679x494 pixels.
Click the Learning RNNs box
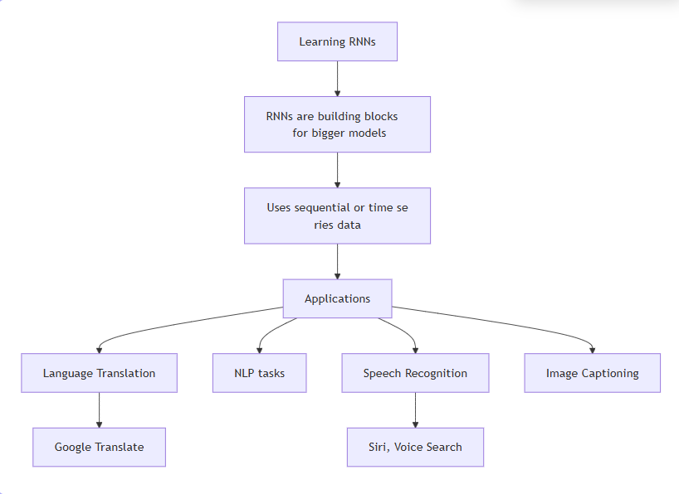tap(337, 41)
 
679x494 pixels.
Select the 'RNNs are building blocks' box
tap(337, 124)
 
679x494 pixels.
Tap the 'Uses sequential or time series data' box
tap(337, 216)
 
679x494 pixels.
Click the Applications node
tap(337, 298)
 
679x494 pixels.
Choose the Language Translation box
tap(99, 373)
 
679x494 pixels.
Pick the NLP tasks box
tap(259, 373)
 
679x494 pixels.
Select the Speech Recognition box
tap(415, 373)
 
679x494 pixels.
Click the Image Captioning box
tap(592, 373)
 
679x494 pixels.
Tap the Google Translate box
tap(99, 447)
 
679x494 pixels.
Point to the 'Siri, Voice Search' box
tap(415, 447)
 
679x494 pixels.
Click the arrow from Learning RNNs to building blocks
tap(337, 78)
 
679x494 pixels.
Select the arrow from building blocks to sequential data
tap(337, 170)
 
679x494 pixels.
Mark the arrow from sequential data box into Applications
tap(337, 261)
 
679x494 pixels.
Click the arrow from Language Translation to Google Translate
tap(99, 409)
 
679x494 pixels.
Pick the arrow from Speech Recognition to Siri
tap(415, 409)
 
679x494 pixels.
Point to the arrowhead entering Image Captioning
tap(592, 349)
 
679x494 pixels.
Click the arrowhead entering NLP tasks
tap(260, 349)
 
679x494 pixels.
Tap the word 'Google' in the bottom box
tap(73, 447)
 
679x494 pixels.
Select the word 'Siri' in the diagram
tap(379, 447)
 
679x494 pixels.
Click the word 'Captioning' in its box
tap(610, 373)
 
